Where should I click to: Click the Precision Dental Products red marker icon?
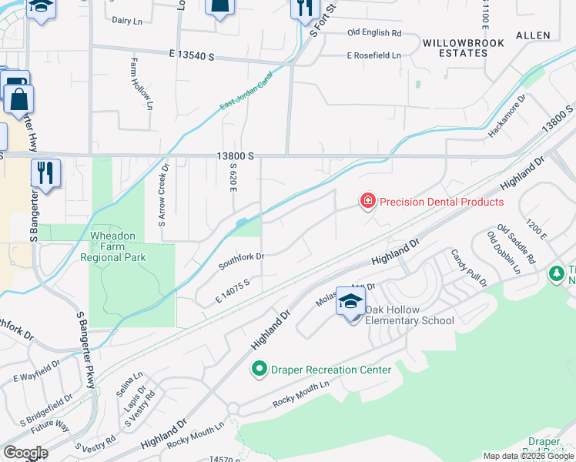tap(368, 202)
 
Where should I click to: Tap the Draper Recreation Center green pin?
tap(260, 370)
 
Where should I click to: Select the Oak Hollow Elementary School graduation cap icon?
tap(350, 303)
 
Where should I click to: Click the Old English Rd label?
tap(374, 33)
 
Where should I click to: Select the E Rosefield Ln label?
tap(374, 55)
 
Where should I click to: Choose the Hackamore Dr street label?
tap(507, 116)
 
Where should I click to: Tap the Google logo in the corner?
tap(25, 453)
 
